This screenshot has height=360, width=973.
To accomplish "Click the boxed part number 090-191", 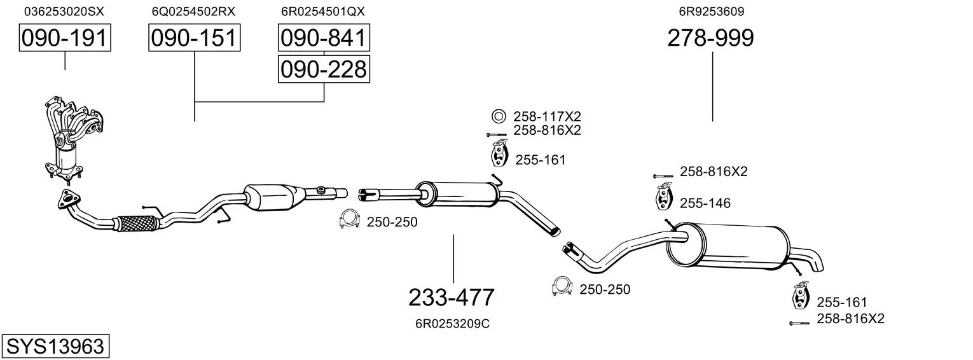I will (64, 38).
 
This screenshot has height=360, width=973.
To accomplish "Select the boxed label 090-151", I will (194, 38).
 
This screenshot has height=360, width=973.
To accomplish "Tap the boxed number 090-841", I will (324, 38).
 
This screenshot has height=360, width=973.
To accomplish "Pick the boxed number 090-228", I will (324, 69).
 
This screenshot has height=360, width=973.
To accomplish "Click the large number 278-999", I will (710, 38).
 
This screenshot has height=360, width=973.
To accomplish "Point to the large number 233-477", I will (451, 297).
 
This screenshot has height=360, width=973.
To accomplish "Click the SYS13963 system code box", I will (55, 347).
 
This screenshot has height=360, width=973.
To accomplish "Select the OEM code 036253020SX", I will (64, 11).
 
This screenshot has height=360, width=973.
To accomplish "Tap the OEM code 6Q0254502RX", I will (193, 11).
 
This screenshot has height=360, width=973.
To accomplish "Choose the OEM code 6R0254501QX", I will (323, 11).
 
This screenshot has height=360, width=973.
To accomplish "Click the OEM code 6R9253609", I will (711, 11).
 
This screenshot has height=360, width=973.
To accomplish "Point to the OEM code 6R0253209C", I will (452, 324).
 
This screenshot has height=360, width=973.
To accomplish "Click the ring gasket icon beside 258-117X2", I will (498, 116).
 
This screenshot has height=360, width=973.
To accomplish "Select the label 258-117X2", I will (547, 116).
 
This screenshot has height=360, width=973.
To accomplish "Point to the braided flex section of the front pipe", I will (137, 223).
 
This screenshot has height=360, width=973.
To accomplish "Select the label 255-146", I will (705, 204).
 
